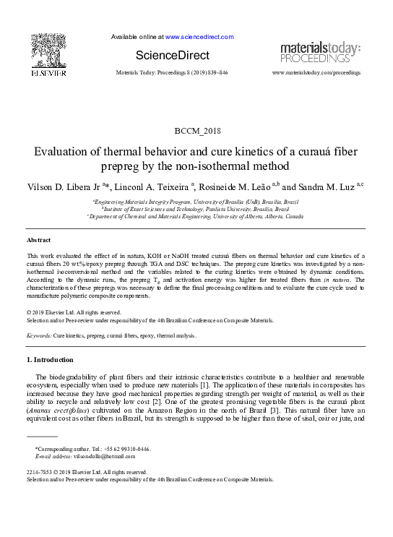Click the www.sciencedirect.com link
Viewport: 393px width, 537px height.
[199, 37]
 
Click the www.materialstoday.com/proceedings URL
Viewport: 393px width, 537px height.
[316, 74]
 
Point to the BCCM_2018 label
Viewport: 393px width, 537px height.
[197, 131]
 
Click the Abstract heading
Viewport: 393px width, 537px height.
[38, 239]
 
